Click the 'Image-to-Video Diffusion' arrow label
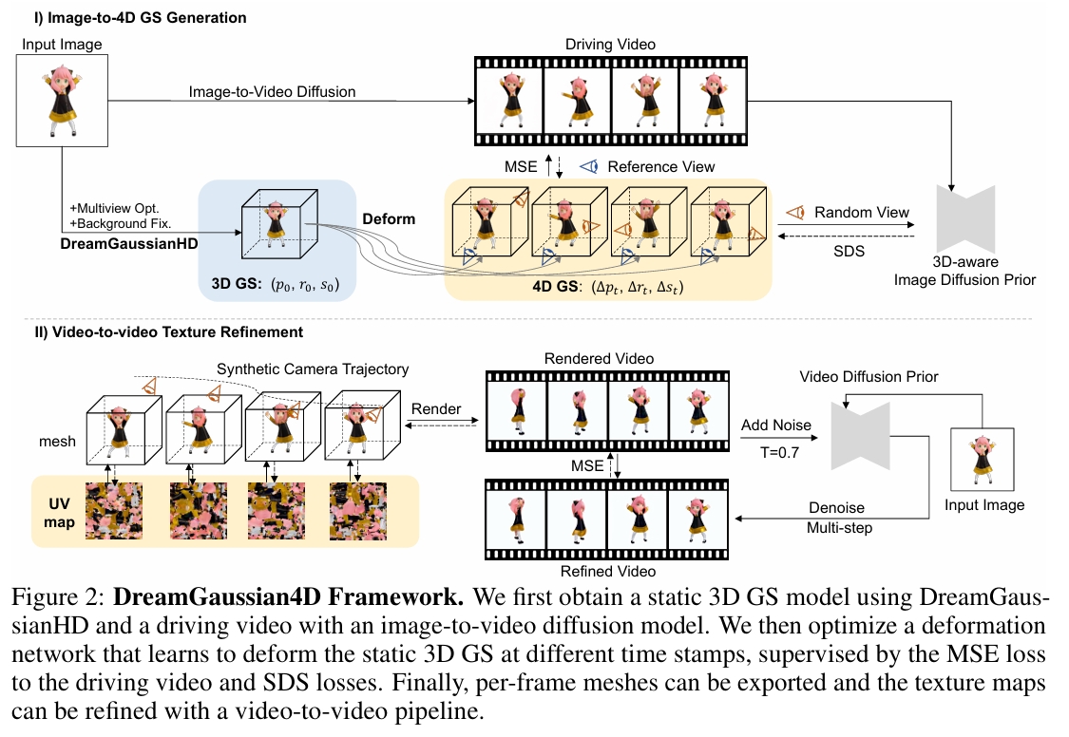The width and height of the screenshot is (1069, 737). click(272, 92)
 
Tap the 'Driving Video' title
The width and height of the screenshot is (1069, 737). click(611, 44)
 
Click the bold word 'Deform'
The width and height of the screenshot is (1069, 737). click(389, 218)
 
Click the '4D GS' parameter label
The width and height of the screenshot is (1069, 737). click(608, 285)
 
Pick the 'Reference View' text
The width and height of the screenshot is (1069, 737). click(661, 166)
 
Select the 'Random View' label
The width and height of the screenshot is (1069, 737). click(862, 212)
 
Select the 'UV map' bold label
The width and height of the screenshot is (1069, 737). click(62, 511)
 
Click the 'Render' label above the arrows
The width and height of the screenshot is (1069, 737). click(436, 409)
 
